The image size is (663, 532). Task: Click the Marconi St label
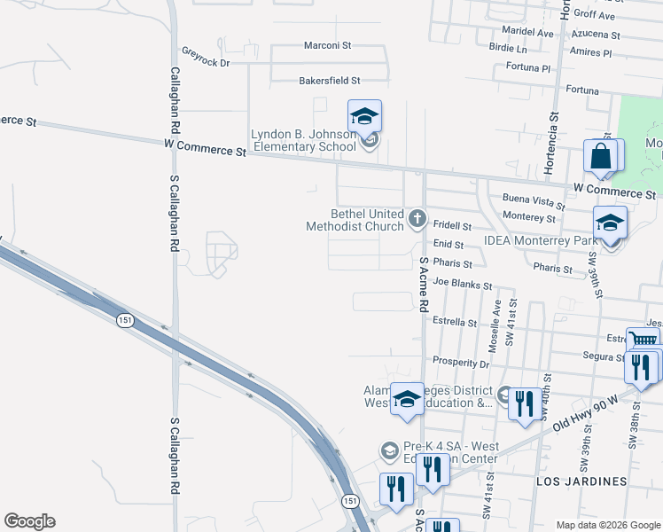coord(328,44)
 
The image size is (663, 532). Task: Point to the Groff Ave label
coord(594,15)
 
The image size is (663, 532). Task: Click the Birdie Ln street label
coord(508,50)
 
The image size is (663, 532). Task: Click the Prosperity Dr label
coord(460,362)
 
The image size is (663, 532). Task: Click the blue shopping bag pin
coord(601,157)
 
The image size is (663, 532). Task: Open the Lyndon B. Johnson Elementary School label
coord(304,140)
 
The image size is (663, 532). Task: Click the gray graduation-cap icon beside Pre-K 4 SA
coord(388,451)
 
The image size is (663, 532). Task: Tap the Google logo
coord(29,521)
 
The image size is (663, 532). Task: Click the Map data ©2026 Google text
coord(607,525)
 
